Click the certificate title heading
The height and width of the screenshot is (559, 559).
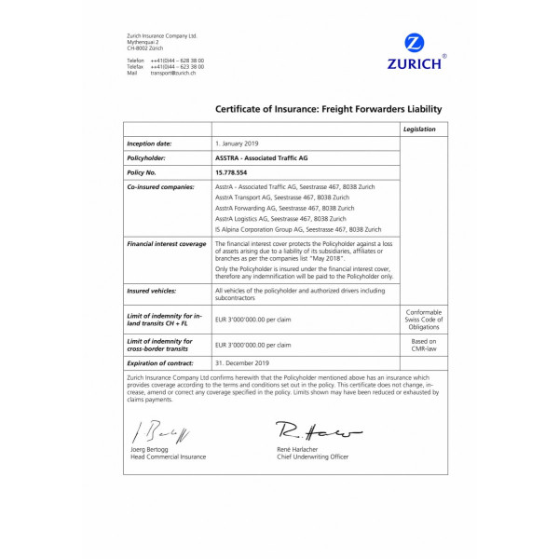(x=328, y=109)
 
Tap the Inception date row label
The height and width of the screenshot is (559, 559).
(x=149, y=144)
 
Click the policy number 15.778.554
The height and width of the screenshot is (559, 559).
(x=233, y=172)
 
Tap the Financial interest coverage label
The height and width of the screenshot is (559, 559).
(x=167, y=243)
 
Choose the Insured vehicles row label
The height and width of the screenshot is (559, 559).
(x=152, y=291)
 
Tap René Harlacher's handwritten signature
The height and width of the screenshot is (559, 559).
(x=307, y=431)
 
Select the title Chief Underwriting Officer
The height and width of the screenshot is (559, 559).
(x=313, y=457)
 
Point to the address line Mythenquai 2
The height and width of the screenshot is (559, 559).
(x=143, y=42)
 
